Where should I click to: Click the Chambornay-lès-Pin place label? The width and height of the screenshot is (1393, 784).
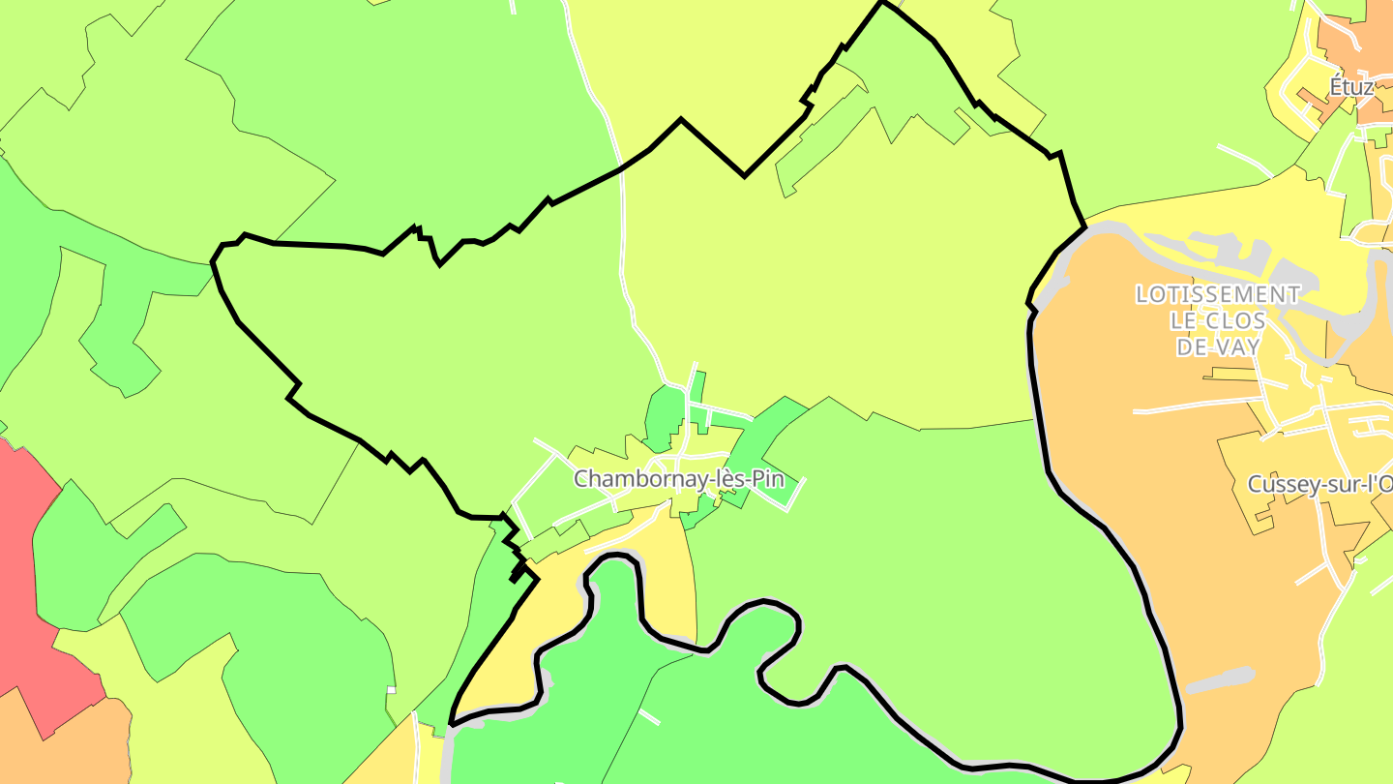tap(677, 479)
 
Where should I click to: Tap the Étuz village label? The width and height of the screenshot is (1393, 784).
tap(1350, 87)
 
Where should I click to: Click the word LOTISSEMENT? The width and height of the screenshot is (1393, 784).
tap(1218, 294)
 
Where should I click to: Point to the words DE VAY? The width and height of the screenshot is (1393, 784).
tap(1218, 347)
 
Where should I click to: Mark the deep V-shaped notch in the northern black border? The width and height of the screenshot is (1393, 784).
tap(744, 174)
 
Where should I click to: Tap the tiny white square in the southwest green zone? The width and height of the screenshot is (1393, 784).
tap(392, 690)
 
